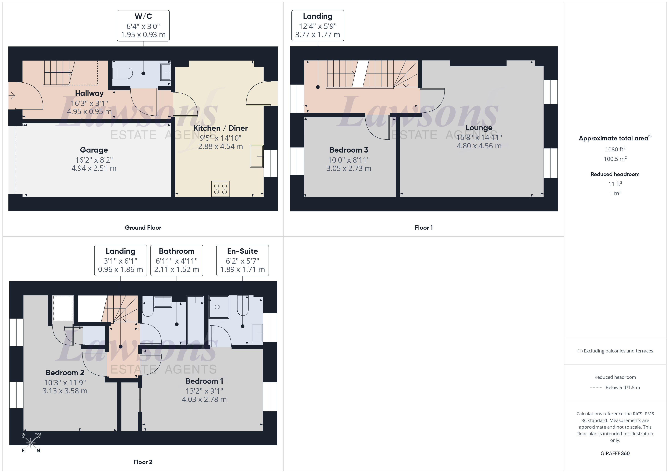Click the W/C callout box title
tap(143, 16)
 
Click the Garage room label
tap(94, 150)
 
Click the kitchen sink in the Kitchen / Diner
tap(256, 156)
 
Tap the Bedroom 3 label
tap(349, 150)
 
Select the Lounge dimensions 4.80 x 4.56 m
tap(479, 146)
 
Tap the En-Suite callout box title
tap(242, 251)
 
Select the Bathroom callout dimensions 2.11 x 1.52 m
tap(176, 269)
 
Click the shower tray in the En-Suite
tap(219, 307)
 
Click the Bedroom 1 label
tap(204, 381)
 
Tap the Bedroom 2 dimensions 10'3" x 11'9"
tap(65, 382)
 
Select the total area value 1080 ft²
tap(615, 149)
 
